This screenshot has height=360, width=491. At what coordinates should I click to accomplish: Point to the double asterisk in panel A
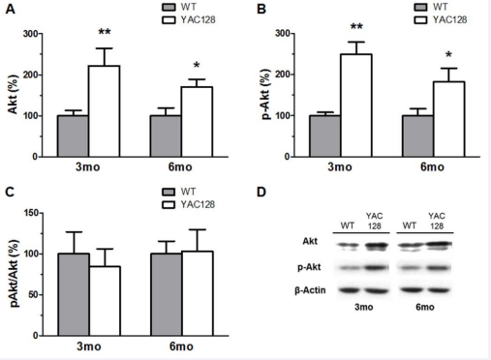point(104,32)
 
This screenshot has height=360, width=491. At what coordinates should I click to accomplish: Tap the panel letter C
point(10,192)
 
